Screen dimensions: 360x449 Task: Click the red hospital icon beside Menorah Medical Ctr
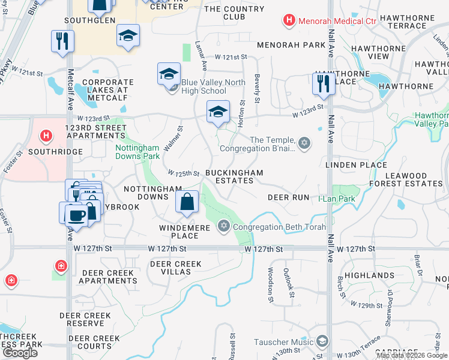(289, 21)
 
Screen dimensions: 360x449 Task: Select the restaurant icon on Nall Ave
(323, 83)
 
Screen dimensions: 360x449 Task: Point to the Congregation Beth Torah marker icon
(224, 226)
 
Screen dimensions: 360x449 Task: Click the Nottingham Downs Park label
(137, 152)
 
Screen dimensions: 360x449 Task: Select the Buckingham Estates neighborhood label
(234, 176)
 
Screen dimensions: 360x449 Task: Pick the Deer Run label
(288, 197)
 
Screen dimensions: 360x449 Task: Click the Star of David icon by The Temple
(305, 142)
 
